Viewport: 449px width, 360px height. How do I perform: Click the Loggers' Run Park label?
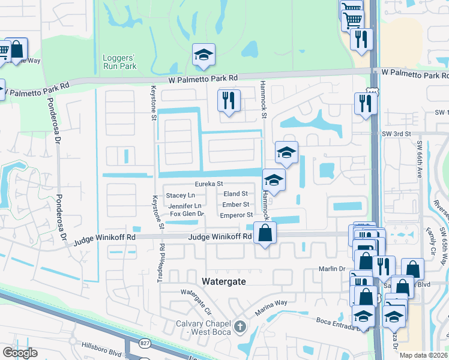(116, 62)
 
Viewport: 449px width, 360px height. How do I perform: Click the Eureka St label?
(208, 184)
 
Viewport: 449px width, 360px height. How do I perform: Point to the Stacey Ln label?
(180, 196)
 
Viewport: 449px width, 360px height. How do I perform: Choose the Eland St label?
(235, 194)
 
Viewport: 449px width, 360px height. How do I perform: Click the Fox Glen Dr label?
(187, 214)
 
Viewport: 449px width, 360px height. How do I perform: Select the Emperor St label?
(237, 215)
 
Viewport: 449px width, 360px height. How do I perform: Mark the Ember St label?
(235, 205)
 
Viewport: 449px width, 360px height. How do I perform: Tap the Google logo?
(20, 352)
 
